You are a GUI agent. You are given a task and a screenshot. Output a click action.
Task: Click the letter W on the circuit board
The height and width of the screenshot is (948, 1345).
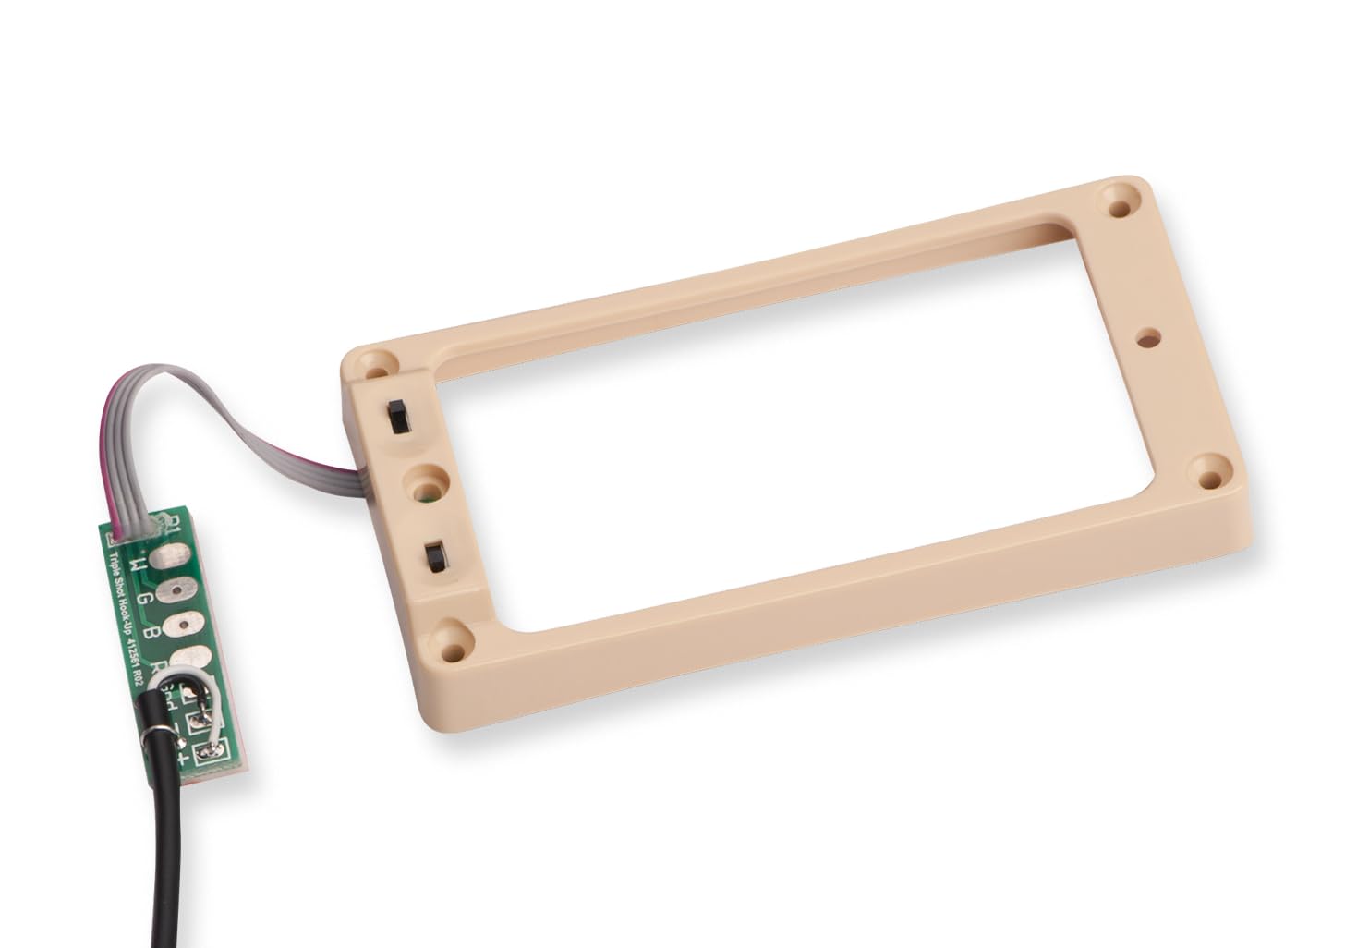tap(138, 563)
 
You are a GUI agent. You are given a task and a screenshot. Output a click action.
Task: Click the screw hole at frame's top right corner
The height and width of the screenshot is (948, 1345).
tap(1121, 203)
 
